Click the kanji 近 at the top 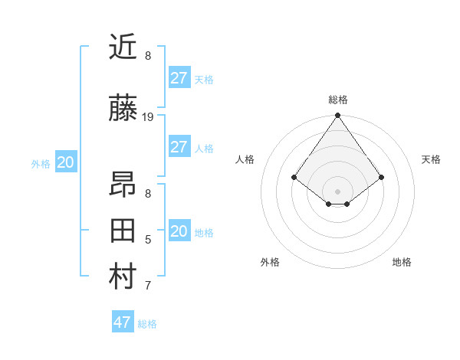tap(123, 47)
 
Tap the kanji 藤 tap(123, 109)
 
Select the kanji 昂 tap(123, 185)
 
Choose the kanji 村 tap(123, 277)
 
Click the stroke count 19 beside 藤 tap(148, 117)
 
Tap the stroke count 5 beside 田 tap(148, 240)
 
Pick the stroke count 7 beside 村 tap(148, 286)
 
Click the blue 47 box tap(123, 322)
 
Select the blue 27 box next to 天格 tap(179, 78)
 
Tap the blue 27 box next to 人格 tap(179, 147)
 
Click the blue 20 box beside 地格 tap(179, 231)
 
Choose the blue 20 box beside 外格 tap(65, 162)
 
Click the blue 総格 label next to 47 tap(147, 324)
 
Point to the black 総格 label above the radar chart tap(337, 100)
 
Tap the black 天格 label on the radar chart tap(431, 159)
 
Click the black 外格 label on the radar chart tap(270, 262)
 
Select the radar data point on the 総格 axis tap(337, 116)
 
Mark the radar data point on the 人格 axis tap(294, 177)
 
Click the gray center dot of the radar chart tap(337, 191)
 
